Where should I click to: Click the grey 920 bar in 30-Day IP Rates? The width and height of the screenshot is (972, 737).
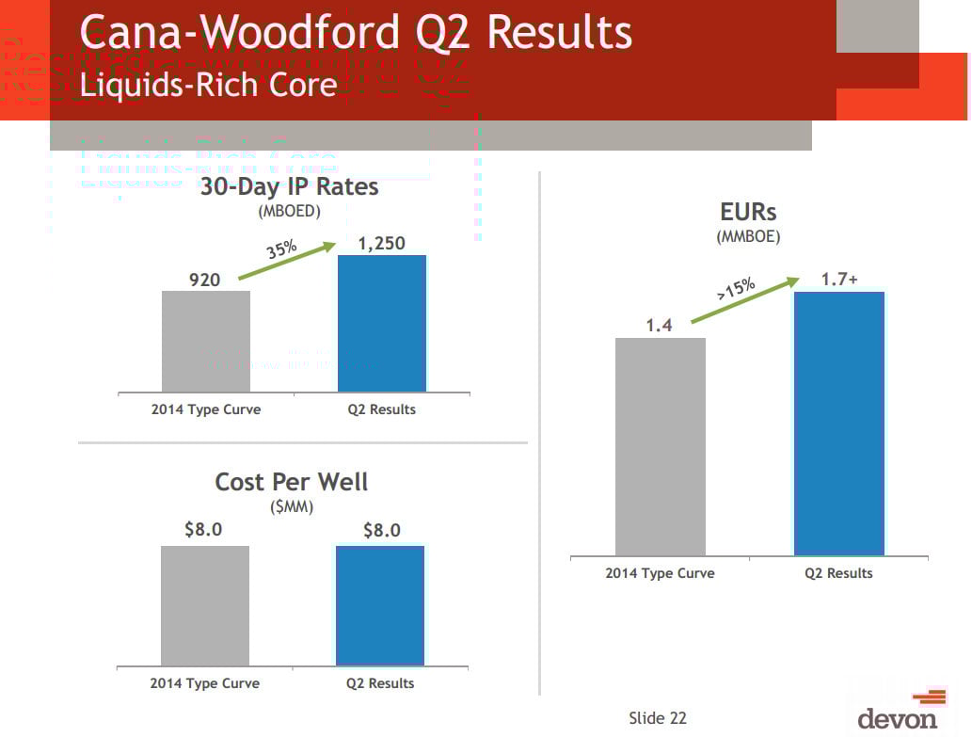pyautogui.click(x=206, y=341)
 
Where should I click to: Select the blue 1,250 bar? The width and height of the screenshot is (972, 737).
pyautogui.click(x=382, y=323)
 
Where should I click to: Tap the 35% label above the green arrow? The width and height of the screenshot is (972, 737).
pyautogui.click(x=282, y=251)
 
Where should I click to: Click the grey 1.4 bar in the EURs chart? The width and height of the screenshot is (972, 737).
pyautogui.click(x=660, y=446)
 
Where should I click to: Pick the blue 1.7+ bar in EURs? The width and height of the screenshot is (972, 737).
pyautogui.click(x=838, y=424)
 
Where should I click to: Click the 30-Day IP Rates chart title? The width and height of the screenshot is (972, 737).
pyautogui.click(x=289, y=186)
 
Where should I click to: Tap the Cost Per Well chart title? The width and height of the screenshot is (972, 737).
pyautogui.click(x=292, y=482)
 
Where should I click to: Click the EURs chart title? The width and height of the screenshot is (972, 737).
pyautogui.click(x=748, y=212)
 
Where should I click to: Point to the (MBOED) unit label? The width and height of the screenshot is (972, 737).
pyautogui.click(x=289, y=211)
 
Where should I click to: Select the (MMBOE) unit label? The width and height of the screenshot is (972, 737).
pyautogui.click(x=748, y=236)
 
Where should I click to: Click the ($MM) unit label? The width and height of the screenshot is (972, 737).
pyautogui.click(x=292, y=506)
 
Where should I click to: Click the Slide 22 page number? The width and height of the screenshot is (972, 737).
pyautogui.click(x=658, y=718)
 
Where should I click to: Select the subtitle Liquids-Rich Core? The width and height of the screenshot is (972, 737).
pyautogui.click(x=209, y=85)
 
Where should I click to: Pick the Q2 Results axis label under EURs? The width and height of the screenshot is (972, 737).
pyautogui.click(x=838, y=573)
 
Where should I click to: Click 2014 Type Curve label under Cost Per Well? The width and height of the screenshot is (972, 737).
pyautogui.click(x=205, y=683)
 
